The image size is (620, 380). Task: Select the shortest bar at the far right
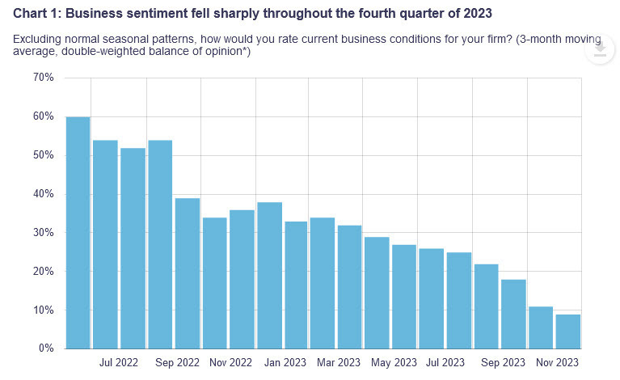click(567, 331)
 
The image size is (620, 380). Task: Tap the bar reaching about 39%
click(187, 273)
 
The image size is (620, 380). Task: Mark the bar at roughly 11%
click(541, 327)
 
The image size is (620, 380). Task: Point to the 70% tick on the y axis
click(43, 78)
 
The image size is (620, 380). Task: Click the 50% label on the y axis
click(43, 155)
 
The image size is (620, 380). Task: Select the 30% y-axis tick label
click(43, 233)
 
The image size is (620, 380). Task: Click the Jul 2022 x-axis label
click(119, 364)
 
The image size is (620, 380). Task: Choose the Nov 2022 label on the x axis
click(228, 364)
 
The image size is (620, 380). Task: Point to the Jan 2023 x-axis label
click(283, 364)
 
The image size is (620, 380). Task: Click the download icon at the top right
click(599, 50)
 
